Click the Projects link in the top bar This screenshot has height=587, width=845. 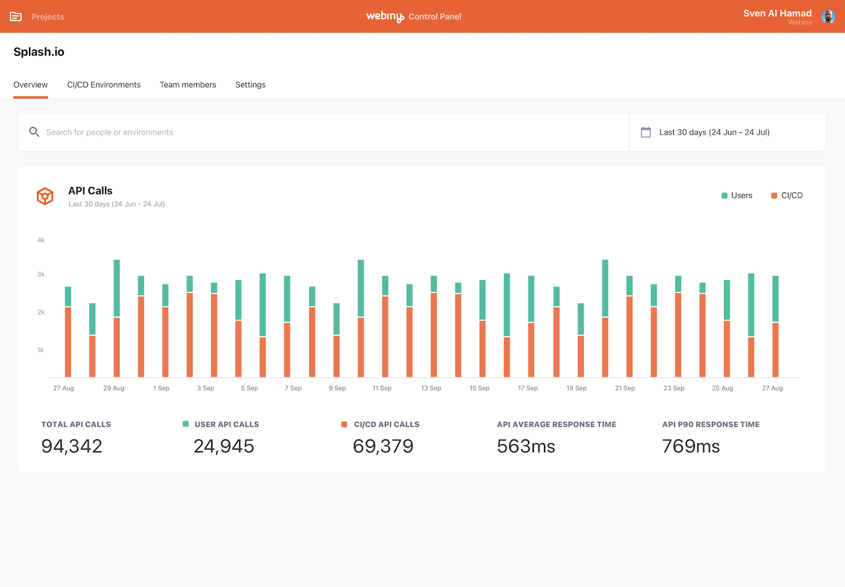[47, 17]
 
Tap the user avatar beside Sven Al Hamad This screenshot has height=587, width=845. [828, 17]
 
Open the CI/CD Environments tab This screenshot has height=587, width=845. [103, 85]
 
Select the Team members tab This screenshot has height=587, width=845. [188, 85]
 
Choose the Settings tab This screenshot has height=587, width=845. [250, 85]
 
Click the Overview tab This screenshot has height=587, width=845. [31, 85]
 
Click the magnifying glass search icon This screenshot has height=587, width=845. [34, 132]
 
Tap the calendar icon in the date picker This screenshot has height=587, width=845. [646, 132]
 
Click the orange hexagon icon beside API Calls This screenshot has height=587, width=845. [45, 196]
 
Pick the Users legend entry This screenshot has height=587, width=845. [737, 196]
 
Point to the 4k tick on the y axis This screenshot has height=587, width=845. [41, 240]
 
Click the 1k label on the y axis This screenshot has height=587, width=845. [41, 350]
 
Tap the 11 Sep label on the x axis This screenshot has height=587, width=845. [382, 388]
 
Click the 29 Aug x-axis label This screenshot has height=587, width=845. [114, 388]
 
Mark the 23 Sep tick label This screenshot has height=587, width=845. [674, 388]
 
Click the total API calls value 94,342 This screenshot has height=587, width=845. [72, 446]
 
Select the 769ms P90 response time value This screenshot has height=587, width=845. [691, 446]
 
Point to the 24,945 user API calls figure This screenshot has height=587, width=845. [224, 446]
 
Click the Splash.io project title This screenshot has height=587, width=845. [39, 52]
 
